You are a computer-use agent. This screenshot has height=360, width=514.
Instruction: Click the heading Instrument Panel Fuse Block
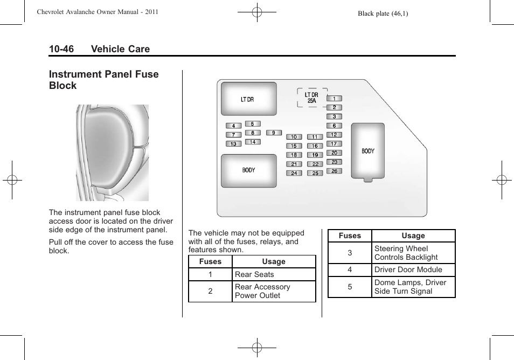(x=103, y=80)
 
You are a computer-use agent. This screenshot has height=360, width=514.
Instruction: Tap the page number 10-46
(x=61, y=49)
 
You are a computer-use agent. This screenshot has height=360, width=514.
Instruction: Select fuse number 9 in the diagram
(x=274, y=133)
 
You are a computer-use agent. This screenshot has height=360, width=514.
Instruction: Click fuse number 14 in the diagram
(x=252, y=142)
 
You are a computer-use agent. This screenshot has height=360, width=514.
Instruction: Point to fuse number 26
(x=334, y=171)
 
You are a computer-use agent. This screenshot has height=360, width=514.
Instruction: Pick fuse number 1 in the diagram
(x=334, y=99)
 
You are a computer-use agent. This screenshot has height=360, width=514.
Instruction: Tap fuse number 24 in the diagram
(x=294, y=173)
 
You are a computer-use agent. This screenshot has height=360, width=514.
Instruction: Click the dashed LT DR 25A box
(x=312, y=98)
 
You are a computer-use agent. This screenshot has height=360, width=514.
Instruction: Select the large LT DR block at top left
(x=248, y=99)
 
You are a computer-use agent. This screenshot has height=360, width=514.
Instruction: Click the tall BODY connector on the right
(x=368, y=151)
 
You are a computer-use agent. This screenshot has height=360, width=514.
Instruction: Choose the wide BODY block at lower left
(x=248, y=170)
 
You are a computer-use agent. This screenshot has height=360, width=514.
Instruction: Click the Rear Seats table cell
(x=274, y=274)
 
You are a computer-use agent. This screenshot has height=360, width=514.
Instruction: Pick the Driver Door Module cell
(x=413, y=269)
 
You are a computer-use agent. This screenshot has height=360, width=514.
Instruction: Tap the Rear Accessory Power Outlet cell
(x=274, y=291)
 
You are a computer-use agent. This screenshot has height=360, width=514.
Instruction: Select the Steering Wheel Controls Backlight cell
(x=413, y=253)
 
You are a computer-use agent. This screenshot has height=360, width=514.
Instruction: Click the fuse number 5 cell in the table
(x=350, y=287)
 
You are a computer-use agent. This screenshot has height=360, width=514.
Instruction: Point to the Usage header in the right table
(x=413, y=236)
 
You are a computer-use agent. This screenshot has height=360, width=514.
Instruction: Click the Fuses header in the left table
(x=210, y=261)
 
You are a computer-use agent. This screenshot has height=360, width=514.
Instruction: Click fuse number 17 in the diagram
(x=334, y=144)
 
